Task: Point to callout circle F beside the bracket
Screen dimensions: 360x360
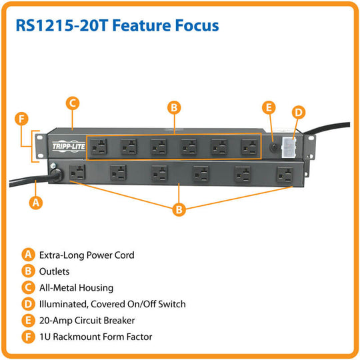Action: (x=21, y=119)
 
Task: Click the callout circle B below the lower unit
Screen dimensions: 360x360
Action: (x=178, y=209)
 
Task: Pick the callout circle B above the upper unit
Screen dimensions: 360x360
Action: (x=174, y=107)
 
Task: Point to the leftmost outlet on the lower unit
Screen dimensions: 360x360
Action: (x=77, y=173)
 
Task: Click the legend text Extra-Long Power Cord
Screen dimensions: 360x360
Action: (x=87, y=255)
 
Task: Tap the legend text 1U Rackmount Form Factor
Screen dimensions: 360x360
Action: (x=95, y=337)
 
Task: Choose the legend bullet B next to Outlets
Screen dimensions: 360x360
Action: (x=27, y=271)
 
